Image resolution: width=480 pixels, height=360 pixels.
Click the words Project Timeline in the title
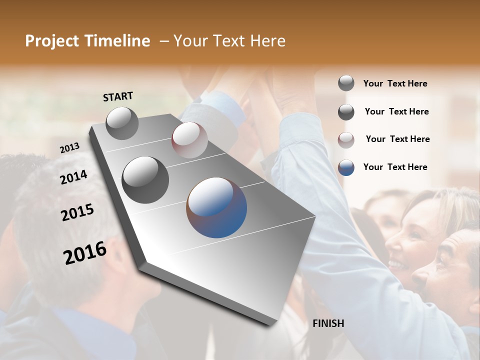[x=87, y=41]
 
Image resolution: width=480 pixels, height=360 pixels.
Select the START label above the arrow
[x=118, y=96]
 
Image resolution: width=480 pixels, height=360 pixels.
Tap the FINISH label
[x=328, y=323]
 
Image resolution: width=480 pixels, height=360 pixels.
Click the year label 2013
[x=70, y=148]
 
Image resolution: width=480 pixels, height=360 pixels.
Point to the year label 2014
[x=74, y=177]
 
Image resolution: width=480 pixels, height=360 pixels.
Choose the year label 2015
[x=77, y=212]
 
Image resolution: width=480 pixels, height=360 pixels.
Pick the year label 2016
[x=85, y=252]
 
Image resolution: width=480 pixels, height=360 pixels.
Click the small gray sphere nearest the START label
[x=122, y=123]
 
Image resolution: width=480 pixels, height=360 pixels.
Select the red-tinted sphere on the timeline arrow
[x=189, y=140]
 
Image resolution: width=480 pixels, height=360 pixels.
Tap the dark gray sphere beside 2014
[x=145, y=180]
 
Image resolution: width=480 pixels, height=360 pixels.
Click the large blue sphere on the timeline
[x=216, y=207]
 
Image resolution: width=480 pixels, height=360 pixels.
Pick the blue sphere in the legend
[x=346, y=167]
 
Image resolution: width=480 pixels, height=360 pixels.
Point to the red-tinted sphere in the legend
[x=346, y=139]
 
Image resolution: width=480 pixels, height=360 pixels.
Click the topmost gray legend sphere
[x=346, y=83]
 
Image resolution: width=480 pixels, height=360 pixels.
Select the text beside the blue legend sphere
[x=395, y=167]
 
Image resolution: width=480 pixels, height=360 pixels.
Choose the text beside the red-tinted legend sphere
[x=397, y=139]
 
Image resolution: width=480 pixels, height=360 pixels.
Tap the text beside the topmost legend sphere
[x=395, y=83]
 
